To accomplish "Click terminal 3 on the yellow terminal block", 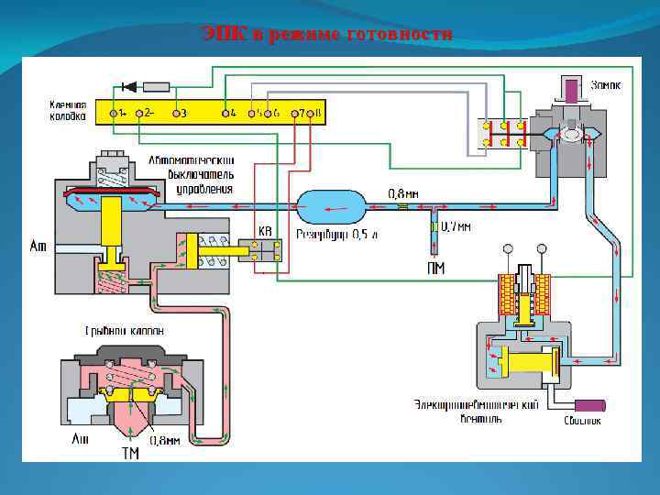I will pyautogui.click(x=176, y=114).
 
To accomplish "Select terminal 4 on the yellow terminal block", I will pyautogui.click(x=226, y=114).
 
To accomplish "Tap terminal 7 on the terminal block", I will pyautogui.click(x=295, y=114).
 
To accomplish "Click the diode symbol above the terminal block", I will pyautogui.click(x=128, y=87).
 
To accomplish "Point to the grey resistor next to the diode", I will pyautogui.click(x=157, y=87).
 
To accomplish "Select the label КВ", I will pyautogui.click(x=265, y=232).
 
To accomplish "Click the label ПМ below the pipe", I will pyautogui.click(x=436, y=268).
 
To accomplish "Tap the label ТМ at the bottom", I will pyautogui.click(x=131, y=453).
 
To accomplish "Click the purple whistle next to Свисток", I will pyautogui.click(x=588, y=404).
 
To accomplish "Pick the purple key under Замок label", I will pyautogui.click(x=572, y=91).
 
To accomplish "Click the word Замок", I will pyautogui.click(x=606, y=85).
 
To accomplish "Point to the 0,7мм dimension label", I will pyautogui.click(x=456, y=225).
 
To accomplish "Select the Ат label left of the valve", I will pyautogui.click(x=38, y=246).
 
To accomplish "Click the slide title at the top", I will pyautogui.click(x=327, y=35).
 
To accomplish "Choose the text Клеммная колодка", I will pyautogui.click(x=68, y=111).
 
